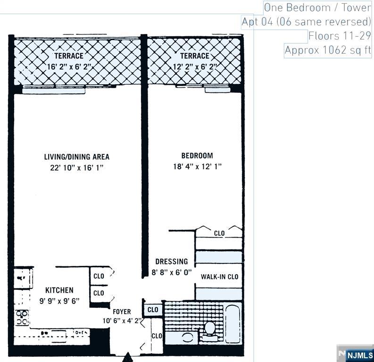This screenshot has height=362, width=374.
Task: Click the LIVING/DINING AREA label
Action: [x=77, y=157]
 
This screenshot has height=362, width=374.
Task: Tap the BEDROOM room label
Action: [x=197, y=156]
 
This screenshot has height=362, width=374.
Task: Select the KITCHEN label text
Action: [x=59, y=290]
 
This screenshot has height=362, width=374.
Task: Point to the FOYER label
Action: [x=122, y=312]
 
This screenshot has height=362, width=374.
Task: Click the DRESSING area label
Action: [x=172, y=261]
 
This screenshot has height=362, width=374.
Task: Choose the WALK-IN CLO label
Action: [x=219, y=277]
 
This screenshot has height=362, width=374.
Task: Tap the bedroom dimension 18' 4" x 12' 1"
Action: [x=197, y=166]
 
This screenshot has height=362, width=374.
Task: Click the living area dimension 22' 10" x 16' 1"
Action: [x=77, y=168]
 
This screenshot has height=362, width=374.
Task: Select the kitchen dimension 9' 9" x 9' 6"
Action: [x=59, y=300]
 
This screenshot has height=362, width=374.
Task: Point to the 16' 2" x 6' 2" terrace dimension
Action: [x=69, y=67]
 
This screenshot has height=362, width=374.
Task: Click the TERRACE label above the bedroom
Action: [x=194, y=56]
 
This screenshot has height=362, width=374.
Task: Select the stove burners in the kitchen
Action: [x=22, y=317]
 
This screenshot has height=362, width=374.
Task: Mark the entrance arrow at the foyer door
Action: [x=128, y=358]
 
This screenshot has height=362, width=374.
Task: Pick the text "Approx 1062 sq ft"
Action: [x=328, y=50]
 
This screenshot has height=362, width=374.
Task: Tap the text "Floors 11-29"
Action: [x=340, y=36]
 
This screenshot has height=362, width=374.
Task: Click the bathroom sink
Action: [x=188, y=337]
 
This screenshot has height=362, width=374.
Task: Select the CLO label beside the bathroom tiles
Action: [x=153, y=310]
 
